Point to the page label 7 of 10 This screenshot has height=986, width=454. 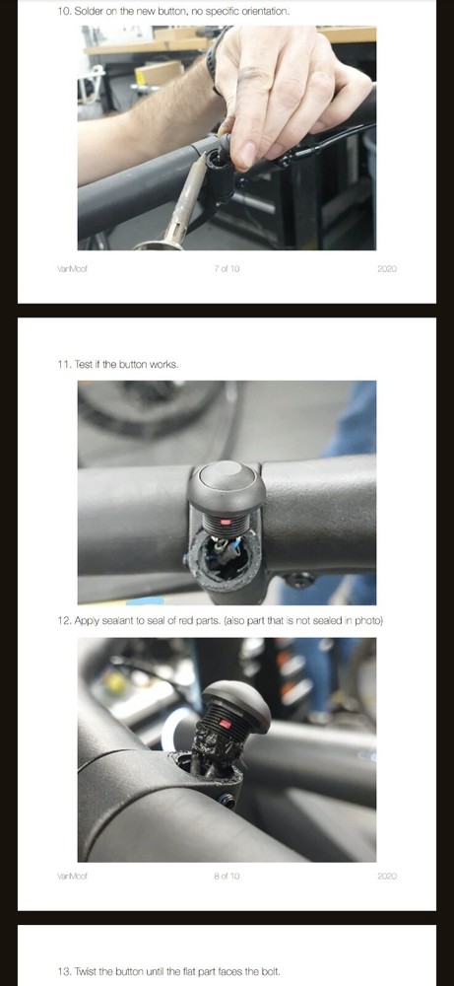227,269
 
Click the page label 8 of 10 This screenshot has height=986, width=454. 227,876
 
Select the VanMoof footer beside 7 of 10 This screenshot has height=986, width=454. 73,269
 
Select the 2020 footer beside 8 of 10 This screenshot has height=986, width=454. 386,876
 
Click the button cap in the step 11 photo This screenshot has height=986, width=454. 226,480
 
